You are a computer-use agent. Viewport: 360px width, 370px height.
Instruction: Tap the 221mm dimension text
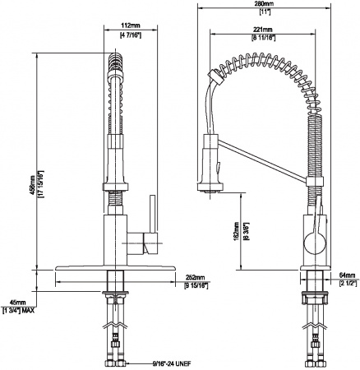click(263, 31)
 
